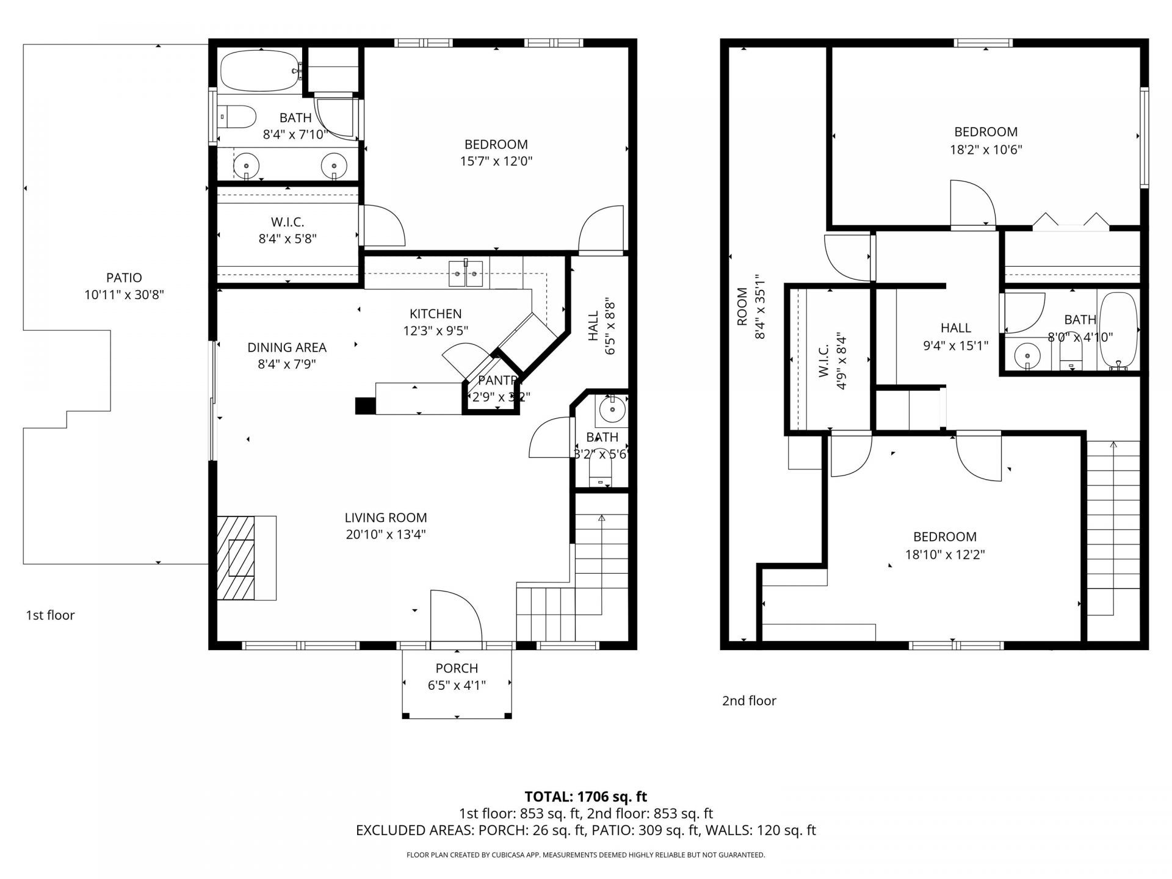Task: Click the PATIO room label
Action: [124, 278]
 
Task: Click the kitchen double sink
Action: [466, 273]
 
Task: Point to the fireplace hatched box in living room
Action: [236, 558]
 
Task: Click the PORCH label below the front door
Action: [457, 668]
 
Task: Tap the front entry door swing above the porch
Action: [456, 617]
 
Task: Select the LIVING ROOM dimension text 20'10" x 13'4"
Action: [385, 535]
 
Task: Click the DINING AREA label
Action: [286, 347]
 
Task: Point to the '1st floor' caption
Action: [50, 615]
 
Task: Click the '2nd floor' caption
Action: [749, 701]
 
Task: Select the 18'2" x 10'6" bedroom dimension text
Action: [986, 150]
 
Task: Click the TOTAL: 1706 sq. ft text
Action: [585, 797]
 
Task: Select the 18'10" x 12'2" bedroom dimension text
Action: [944, 555]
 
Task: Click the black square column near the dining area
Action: [365, 406]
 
